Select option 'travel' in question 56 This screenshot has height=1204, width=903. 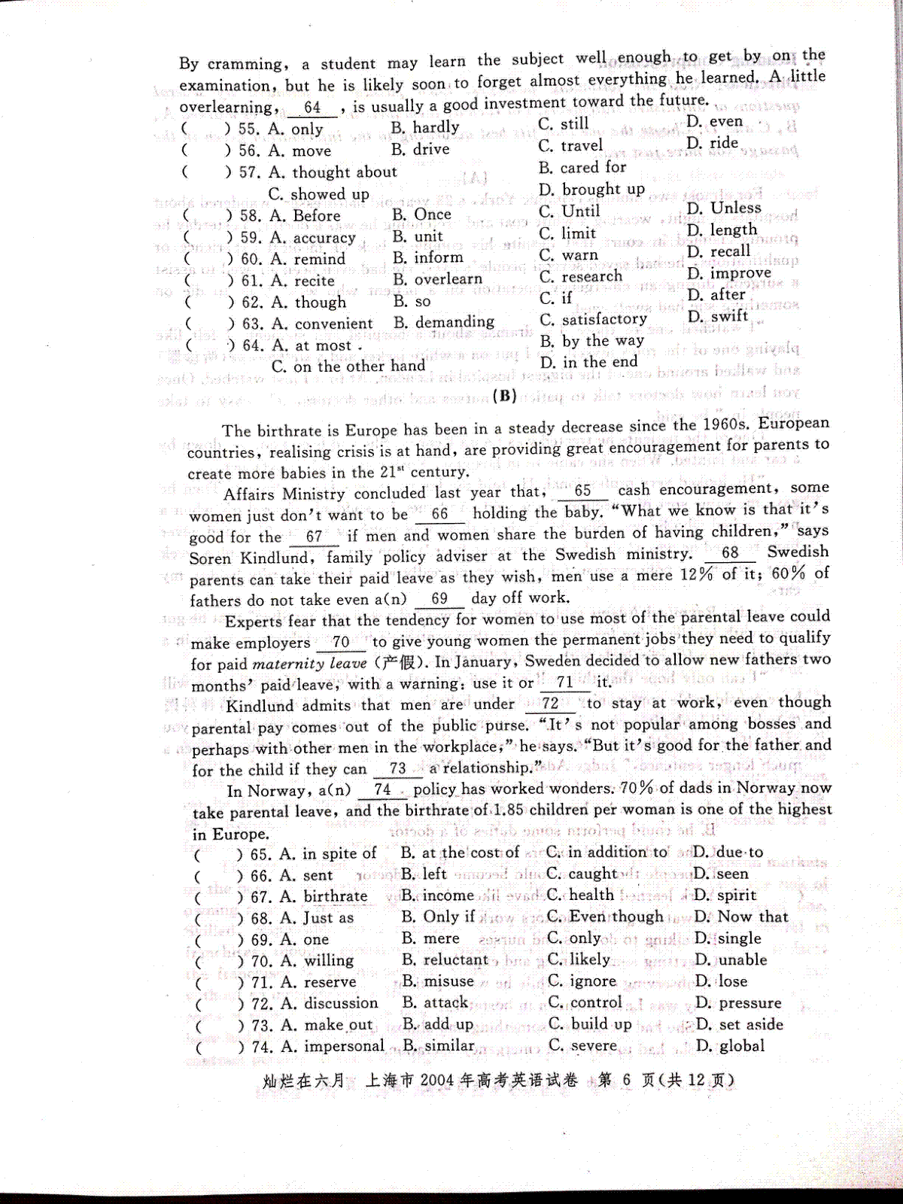pos(582,144)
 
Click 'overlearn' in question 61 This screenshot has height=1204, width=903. pos(448,279)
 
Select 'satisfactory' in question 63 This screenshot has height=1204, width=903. pos(604,319)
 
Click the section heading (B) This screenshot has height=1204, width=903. pos(503,397)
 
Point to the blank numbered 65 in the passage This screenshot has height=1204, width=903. pos(582,491)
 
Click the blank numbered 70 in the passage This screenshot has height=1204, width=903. pos(341,642)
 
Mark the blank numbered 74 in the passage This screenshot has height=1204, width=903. pos(382,789)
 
